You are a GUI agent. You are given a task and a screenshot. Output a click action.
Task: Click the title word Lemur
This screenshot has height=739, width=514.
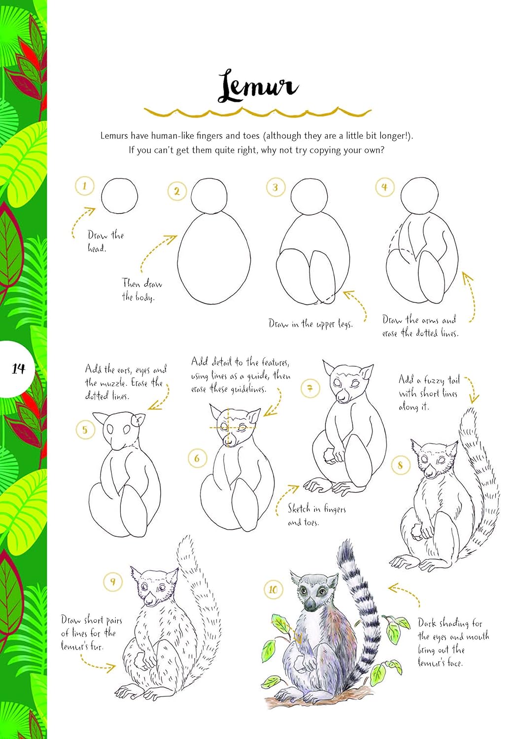pos(258,87)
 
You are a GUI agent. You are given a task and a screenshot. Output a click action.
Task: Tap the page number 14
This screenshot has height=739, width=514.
pos(19,368)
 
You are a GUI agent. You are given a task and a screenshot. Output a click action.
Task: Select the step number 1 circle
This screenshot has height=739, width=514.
pos(85,186)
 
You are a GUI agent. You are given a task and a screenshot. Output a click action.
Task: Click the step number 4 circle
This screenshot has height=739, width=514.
pos(384,187)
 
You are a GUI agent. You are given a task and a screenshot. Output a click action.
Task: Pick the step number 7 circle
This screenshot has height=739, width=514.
pos(310,389)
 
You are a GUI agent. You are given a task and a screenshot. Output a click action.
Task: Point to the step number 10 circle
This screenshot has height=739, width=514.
pos(273,590)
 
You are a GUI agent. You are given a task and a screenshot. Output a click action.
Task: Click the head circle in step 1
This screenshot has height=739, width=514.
pos(119,196)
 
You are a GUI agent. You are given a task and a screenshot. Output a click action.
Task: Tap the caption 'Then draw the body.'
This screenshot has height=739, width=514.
pos(142,290)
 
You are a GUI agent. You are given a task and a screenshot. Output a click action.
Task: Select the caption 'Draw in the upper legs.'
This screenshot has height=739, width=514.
pos(310,324)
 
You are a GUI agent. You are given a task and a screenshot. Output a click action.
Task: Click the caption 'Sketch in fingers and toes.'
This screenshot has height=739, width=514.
pos(316,515)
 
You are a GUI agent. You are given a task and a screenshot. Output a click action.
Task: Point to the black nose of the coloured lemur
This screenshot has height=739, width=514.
pos(309,605)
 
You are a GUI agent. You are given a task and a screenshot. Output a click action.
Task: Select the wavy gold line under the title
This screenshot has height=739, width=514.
pos(257,114)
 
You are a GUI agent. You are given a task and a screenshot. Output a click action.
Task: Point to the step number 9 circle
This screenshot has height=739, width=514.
pos(113,582)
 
